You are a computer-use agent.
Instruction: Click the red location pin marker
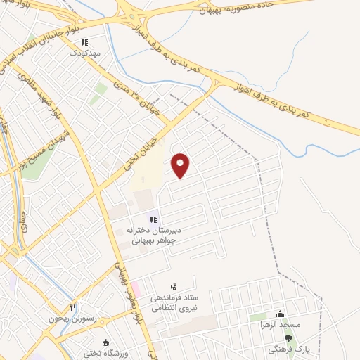coord(181,165)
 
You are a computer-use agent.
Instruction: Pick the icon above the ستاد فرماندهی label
coord(174,287)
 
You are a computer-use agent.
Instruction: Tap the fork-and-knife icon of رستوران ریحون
coord(72,307)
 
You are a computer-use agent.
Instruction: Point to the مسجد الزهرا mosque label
coord(283,325)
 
